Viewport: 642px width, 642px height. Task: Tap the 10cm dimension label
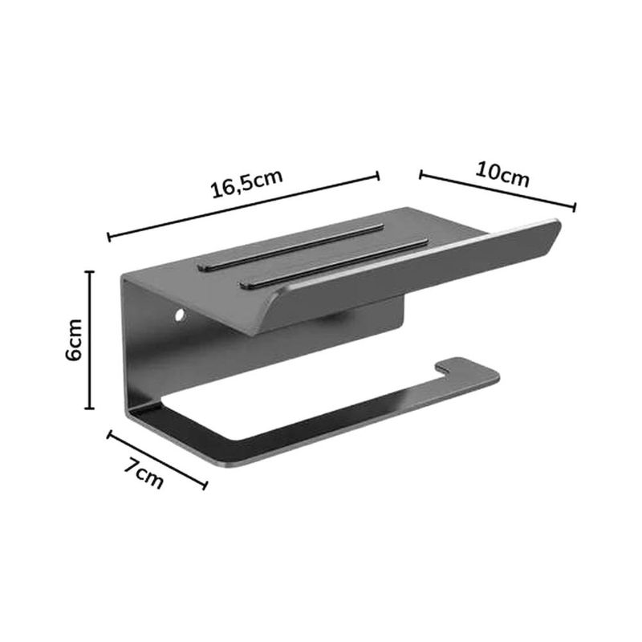pos(502,174)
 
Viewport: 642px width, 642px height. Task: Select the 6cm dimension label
pos(74,339)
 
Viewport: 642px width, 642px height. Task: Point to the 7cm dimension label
pos(144,474)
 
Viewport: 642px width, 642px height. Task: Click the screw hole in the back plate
pos(179,315)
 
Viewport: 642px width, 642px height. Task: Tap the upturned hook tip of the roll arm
pos(441,367)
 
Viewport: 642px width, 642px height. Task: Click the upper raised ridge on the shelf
pos(291,246)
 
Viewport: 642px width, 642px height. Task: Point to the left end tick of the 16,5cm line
pos(109,237)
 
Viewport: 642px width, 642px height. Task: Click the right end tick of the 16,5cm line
pos(377,176)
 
